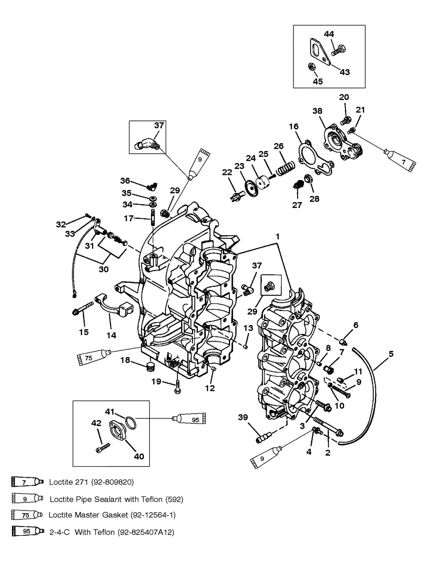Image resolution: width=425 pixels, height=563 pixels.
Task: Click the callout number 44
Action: (329, 34)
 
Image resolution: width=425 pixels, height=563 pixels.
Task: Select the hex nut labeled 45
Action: (310, 67)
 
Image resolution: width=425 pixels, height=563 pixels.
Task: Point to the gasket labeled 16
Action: (315, 157)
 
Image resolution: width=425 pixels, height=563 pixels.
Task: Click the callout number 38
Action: (317, 111)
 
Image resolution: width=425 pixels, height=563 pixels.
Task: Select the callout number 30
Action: (103, 269)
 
